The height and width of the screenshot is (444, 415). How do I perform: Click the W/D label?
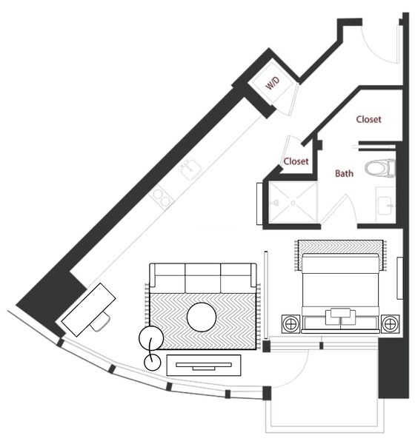273,83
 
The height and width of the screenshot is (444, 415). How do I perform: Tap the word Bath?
344,173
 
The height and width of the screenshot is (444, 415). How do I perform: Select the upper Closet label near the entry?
368,119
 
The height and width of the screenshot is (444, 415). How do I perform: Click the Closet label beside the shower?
296,161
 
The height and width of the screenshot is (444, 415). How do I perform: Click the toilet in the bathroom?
379,168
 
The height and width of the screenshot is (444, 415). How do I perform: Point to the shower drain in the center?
293,203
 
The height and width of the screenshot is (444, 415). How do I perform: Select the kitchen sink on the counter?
190,169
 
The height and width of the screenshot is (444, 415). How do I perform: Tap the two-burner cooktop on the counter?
162,198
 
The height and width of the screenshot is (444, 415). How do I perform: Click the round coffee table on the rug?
202,317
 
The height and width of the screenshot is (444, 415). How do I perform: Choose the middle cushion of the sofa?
202,278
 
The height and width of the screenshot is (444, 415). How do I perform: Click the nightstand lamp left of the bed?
290,323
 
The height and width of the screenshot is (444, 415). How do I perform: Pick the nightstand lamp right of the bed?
390,323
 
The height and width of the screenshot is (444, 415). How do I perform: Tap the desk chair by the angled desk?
101,322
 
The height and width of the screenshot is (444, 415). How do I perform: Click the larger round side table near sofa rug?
151,338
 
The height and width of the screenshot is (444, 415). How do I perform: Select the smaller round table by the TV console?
153,362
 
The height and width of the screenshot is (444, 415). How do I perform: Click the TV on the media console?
203,366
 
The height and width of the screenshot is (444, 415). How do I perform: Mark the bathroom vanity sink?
386,205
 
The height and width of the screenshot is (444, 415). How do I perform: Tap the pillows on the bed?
340,317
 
